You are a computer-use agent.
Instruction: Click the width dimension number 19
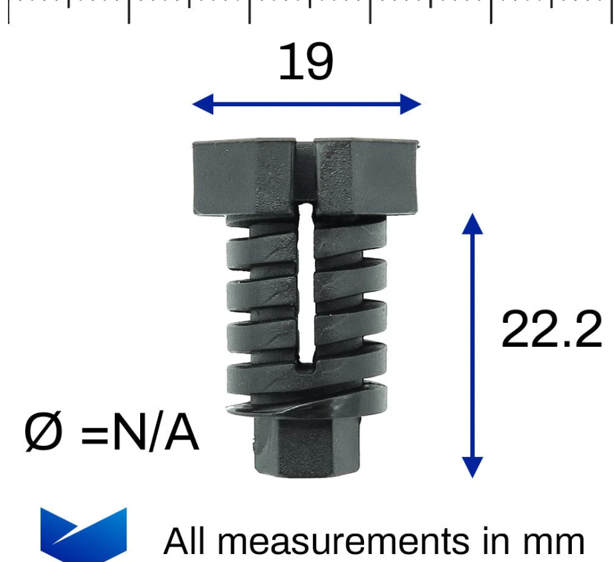click(306, 61)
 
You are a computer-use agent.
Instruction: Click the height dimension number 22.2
click(551, 329)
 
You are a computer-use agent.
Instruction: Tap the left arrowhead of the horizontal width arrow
click(203, 104)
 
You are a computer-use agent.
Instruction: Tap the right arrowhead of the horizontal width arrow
click(410, 104)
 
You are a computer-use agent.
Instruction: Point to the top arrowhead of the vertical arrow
click(472, 224)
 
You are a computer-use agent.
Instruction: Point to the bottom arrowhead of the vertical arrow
click(472, 468)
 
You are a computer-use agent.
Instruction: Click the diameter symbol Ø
click(43, 432)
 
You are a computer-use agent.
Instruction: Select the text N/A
click(155, 433)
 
